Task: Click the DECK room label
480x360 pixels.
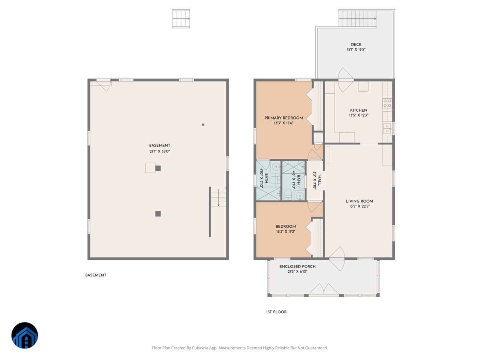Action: point(356,44)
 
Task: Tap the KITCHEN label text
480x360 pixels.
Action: point(358,110)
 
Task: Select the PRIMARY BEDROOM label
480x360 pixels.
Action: point(284,118)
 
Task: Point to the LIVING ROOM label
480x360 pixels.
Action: point(359,201)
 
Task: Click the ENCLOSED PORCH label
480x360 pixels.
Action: point(297,266)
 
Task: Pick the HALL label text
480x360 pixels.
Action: point(319,180)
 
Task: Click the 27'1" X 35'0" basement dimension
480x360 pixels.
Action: point(160,151)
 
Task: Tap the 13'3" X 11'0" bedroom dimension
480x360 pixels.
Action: point(286,232)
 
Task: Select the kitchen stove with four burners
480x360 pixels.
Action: point(387,103)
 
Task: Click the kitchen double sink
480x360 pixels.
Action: point(387,128)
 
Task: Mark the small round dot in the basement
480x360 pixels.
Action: point(203,125)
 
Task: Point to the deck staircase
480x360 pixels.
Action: point(358,18)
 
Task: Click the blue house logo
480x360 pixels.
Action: point(24,335)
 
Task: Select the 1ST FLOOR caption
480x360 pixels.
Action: point(276,312)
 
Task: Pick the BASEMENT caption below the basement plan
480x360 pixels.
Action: point(96,275)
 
